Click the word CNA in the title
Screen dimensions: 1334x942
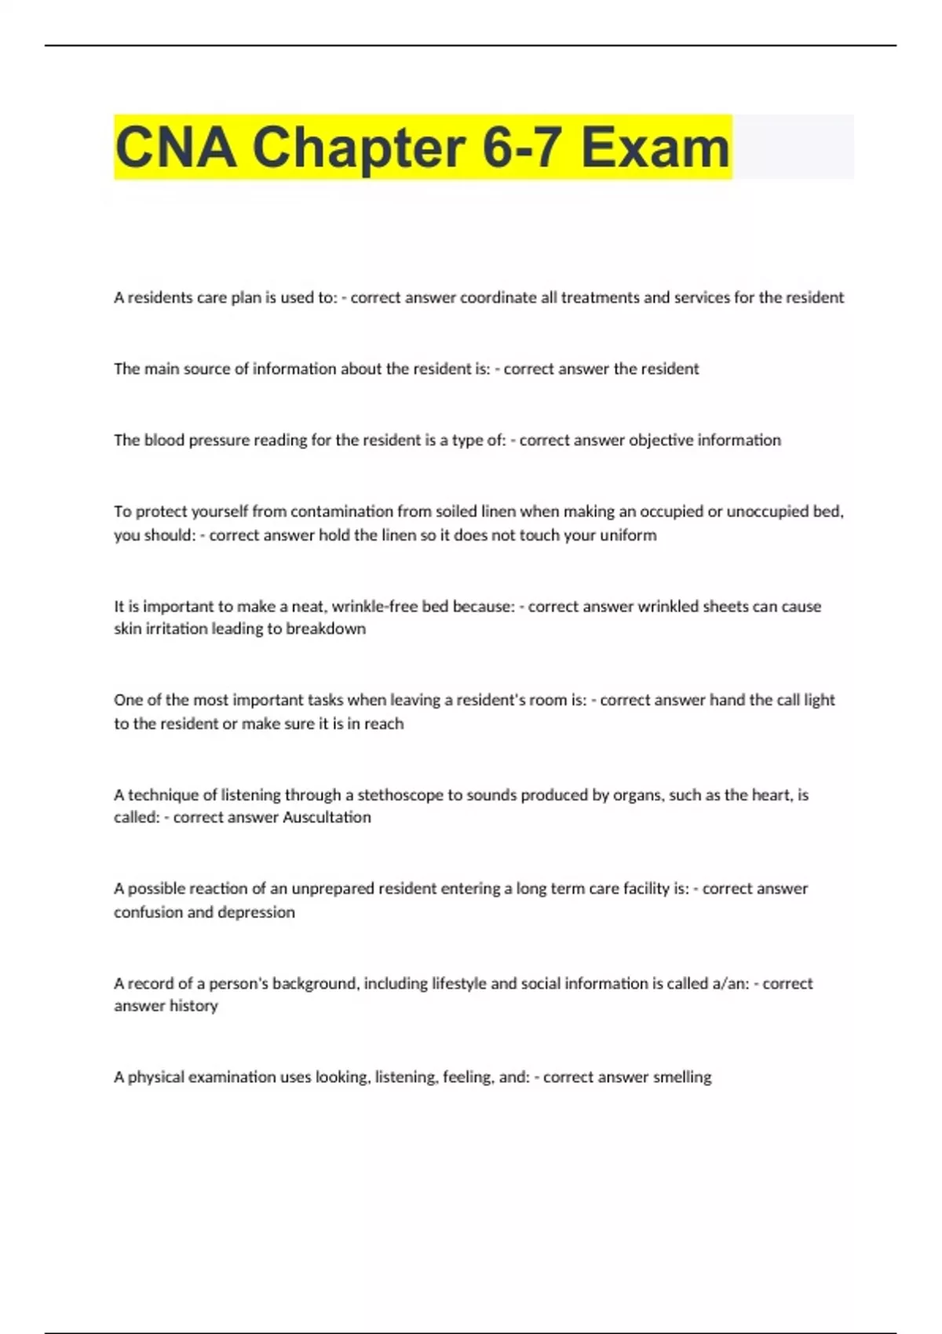tap(175, 148)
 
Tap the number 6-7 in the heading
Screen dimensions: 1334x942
tap(521, 148)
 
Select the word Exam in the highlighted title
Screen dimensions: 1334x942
tap(655, 148)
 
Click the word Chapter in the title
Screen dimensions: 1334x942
tap(359, 148)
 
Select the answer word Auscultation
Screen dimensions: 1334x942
tap(327, 817)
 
